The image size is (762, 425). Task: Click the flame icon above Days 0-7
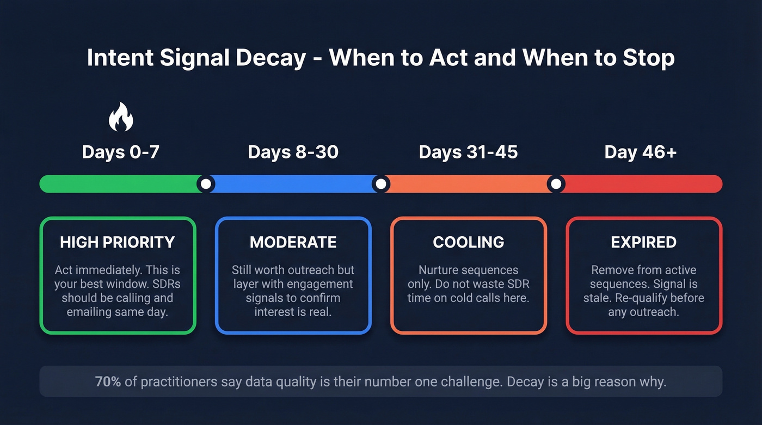[x=121, y=117]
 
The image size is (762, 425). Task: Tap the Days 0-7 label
[x=120, y=152]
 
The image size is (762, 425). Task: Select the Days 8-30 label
[x=293, y=152]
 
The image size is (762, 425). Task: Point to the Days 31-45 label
[x=468, y=152]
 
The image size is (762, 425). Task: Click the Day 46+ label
[x=641, y=152]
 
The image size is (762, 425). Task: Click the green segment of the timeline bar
[x=120, y=184]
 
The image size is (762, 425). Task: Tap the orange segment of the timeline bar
[x=468, y=184]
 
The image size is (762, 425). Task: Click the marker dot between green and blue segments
[x=206, y=184]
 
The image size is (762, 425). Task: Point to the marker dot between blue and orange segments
[x=381, y=184]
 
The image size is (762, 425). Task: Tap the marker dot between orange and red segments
[x=556, y=184]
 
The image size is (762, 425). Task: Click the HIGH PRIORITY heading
[x=118, y=242]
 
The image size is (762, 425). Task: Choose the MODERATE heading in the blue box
[x=293, y=242]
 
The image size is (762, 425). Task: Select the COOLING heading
[x=468, y=242]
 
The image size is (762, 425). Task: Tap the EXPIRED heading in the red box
[x=643, y=242]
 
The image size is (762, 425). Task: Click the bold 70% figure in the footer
[x=108, y=381]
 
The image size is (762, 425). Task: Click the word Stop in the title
[x=648, y=58]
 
